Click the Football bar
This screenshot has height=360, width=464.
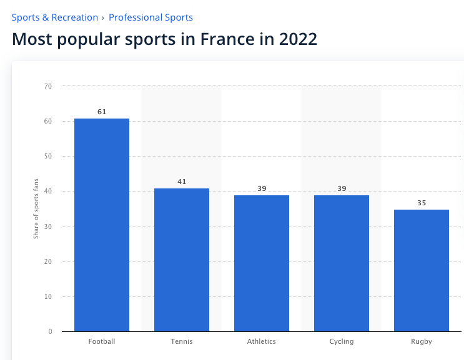point(102,225)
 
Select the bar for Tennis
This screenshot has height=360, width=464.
point(182,260)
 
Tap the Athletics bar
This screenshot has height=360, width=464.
point(262,263)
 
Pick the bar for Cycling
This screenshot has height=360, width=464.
point(342,263)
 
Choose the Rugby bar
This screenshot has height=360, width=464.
point(422,270)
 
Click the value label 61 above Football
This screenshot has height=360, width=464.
point(102,112)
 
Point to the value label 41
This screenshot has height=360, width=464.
point(182,182)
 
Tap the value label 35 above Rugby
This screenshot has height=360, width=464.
point(422,203)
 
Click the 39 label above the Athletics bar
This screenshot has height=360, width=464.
point(262,188)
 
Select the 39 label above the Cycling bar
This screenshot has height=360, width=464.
point(342,188)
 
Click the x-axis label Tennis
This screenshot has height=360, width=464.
point(182,341)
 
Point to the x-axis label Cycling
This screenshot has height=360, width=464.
point(342,341)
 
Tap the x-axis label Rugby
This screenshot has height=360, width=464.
point(422,341)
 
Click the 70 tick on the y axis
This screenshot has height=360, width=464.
point(48,86)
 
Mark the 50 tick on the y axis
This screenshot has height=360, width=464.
point(48,156)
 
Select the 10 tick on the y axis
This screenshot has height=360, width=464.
point(48,296)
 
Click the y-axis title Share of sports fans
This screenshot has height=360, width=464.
point(36,208)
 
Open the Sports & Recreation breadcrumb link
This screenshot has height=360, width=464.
point(55,17)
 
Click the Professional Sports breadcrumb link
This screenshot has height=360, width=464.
point(151,17)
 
